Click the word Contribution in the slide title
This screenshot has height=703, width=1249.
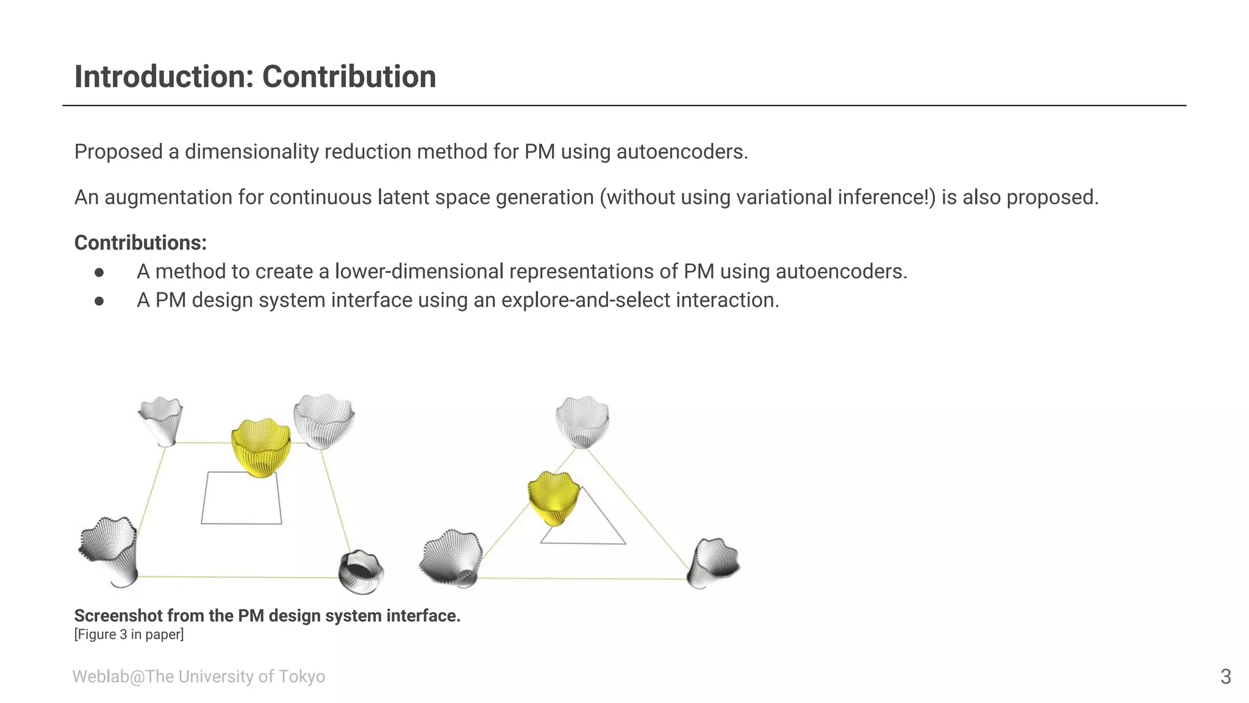(x=349, y=77)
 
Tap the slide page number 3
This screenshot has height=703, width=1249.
(x=1225, y=677)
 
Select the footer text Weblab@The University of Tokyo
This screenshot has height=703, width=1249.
(x=198, y=677)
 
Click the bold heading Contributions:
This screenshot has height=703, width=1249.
(x=140, y=243)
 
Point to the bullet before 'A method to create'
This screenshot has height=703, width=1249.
(x=99, y=272)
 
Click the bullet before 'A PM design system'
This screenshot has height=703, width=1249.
(x=99, y=301)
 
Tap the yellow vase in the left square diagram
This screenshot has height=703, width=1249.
(x=261, y=447)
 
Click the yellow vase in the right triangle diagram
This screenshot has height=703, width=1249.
(x=553, y=497)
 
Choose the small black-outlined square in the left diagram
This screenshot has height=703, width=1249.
(x=242, y=498)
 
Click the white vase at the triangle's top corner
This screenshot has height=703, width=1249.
(x=582, y=421)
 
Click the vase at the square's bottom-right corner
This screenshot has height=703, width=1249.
(x=361, y=571)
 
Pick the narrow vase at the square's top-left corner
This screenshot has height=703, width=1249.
(x=161, y=420)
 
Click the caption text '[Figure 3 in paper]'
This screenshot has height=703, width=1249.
(x=129, y=635)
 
